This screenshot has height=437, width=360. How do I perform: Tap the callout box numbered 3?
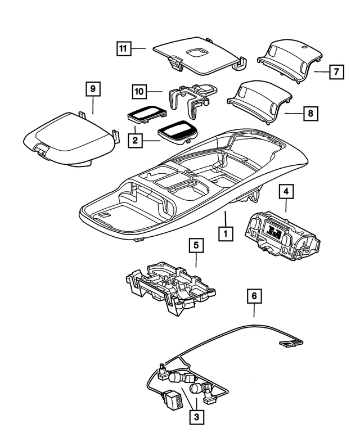pos(196,417)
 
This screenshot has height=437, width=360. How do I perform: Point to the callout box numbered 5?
pos(196,246)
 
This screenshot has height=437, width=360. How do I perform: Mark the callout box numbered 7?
pos(336,72)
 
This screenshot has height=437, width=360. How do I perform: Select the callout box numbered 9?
pos(93,89)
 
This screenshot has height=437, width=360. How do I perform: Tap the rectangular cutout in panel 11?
pos(200,53)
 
